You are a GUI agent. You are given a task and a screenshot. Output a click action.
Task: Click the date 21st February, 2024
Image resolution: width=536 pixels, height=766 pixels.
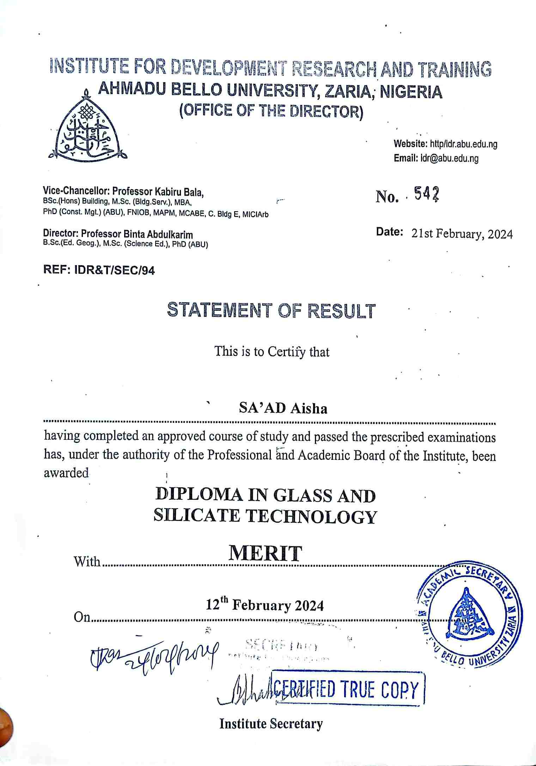pyautogui.click(x=462, y=234)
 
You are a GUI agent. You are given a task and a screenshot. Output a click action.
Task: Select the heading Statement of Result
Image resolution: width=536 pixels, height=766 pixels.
pyautogui.click(x=270, y=310)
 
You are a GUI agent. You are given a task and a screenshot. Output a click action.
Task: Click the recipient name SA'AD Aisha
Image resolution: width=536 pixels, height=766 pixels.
pyautogui.click(x=283, y=408)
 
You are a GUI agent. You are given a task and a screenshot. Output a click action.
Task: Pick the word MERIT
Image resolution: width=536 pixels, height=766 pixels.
pyautogui.click(x=265, y=554)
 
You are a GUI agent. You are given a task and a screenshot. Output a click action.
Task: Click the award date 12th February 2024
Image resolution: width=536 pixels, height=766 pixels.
pyautogui.click(x=265, y=605)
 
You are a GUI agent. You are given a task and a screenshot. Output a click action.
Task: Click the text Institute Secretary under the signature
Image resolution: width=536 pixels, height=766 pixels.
pyautogui.click(x=271, y=724)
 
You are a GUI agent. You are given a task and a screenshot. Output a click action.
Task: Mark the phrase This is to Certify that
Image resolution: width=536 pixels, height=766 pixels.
pyautogui.click(x=272, y=352)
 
